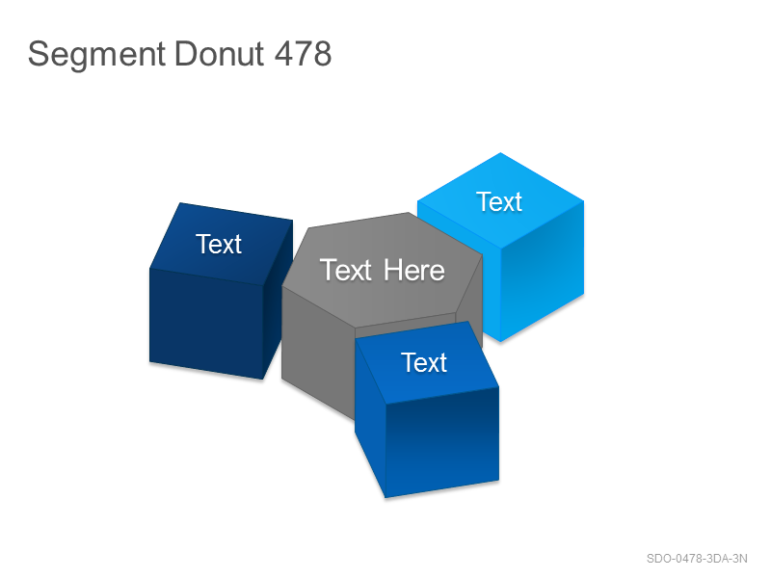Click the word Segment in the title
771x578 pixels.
point(96,55)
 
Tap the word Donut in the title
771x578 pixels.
point(220,53)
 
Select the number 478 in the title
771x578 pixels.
point(303,53)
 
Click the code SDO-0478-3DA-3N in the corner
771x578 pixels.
point(697,559)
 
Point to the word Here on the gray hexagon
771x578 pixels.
point(414,271)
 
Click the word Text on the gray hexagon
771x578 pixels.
point(346,271)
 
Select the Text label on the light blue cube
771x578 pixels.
point(499,202)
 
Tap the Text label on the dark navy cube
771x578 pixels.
point(219,245)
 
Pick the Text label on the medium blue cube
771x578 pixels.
point(424,363)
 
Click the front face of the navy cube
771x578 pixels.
point(206,324)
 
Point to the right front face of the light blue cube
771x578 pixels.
point(542,271)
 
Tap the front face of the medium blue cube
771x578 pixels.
point(442,441)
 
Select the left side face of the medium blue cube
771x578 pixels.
point(370,418)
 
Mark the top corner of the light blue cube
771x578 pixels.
point(500,153)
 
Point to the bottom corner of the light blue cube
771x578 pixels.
point(500,342)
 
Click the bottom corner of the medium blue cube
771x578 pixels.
point(385,498)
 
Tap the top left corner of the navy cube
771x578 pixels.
point(180,203)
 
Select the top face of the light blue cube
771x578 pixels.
point(500,200)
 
